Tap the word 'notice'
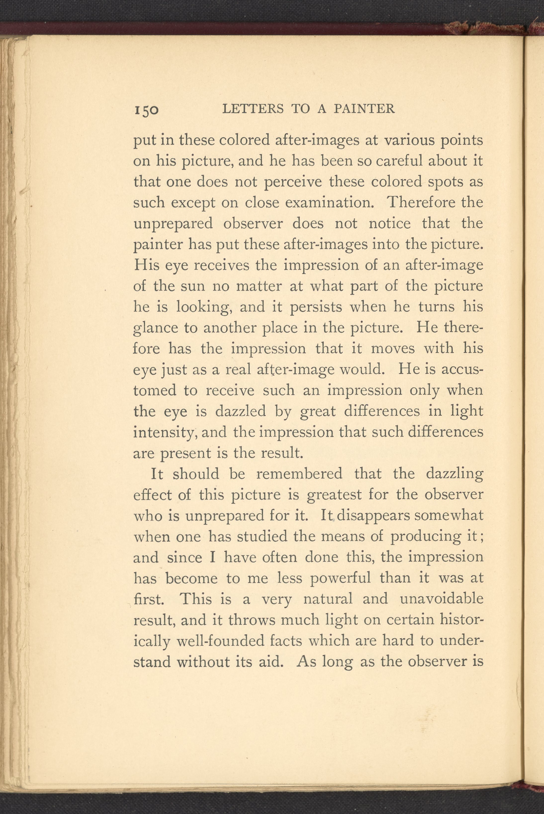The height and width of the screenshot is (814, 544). pyautogui.click(x=390, y=223)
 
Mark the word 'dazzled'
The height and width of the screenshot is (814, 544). pyautogui.click(x=240, y=411)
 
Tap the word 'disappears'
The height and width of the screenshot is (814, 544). pyautogui.click(x=373, y=515)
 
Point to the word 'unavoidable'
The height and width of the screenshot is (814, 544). pyautogui.click(x=441, y=599)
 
